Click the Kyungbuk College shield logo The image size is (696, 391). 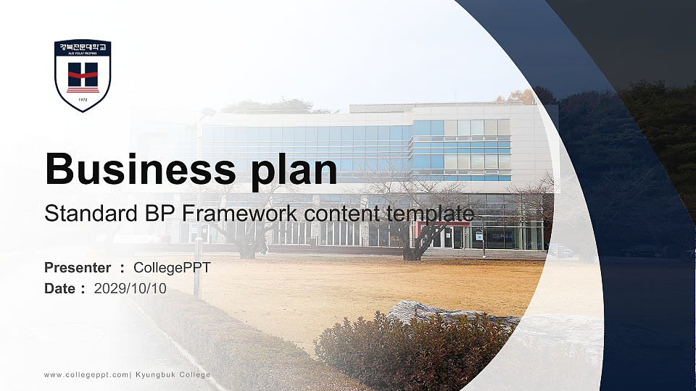(83, 75)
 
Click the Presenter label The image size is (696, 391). (78, 268)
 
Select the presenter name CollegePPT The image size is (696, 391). (172, 268)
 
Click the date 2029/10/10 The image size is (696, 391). (130, 289)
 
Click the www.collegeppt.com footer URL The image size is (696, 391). (86, 374)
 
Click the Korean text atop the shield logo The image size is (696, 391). (83, 47)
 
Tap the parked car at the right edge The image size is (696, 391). (642, 251)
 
